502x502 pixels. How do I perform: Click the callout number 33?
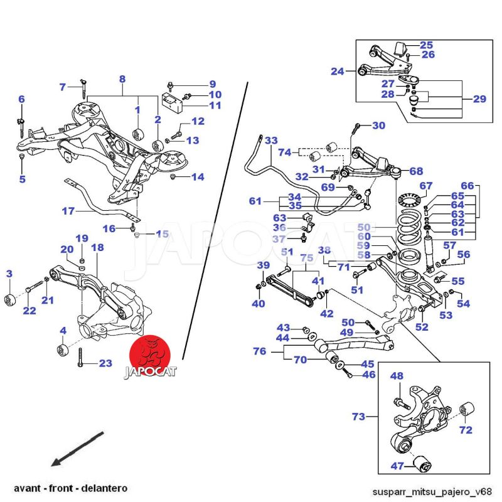coord(271,141)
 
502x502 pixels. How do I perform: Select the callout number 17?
coord(68,211)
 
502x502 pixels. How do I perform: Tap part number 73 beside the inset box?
coord(358,416)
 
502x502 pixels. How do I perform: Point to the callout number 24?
coord(338,72)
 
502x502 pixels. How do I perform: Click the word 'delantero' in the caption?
coord(105,488)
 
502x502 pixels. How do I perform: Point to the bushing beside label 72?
coord(465,412)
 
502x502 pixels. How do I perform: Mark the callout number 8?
coord(122,80)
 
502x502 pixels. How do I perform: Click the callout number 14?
coord(198,178)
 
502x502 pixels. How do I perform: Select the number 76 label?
coord(260,352)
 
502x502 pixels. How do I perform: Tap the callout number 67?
coord(426,186)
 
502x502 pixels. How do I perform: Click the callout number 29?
coord(479,99)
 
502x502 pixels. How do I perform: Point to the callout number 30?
coord(378,125)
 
